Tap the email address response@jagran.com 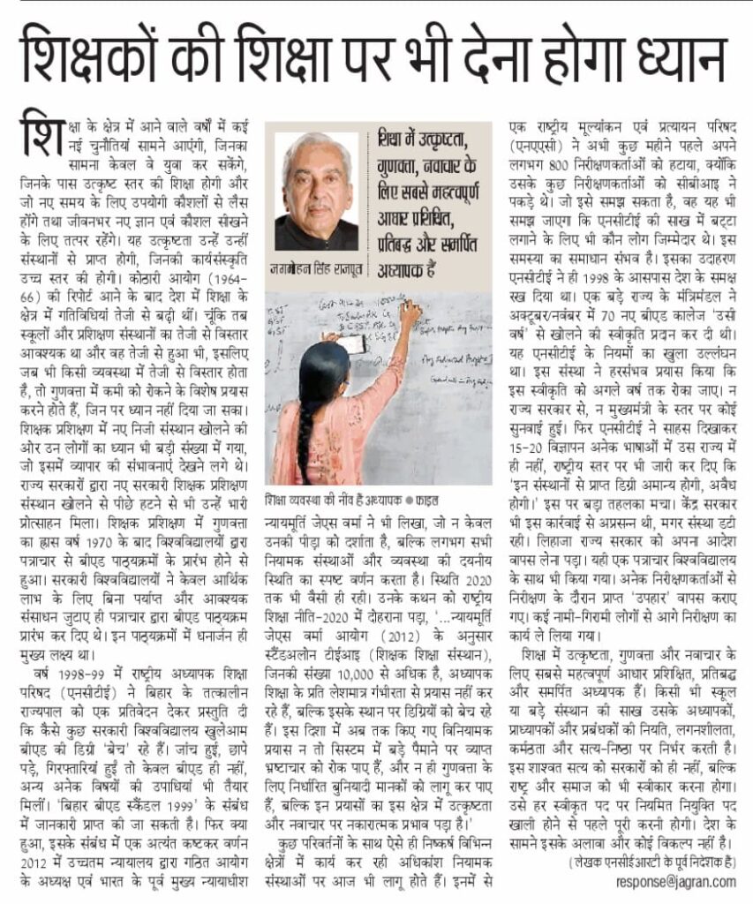675,880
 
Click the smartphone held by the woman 351,344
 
